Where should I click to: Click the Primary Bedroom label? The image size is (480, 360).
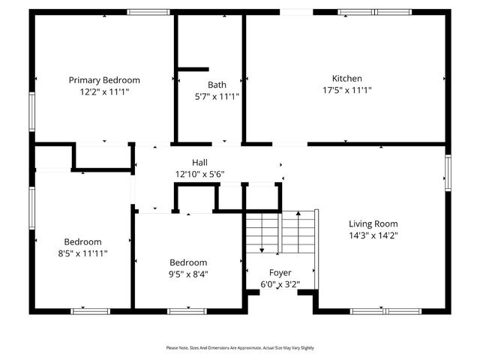tap(104, 80)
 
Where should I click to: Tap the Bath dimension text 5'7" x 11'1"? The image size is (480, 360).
tap(217, 96)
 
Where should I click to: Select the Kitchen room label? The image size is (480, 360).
tap(347, 79)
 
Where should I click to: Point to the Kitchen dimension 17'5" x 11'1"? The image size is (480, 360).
tap(347, 90)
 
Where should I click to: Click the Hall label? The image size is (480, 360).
tap(199, 163)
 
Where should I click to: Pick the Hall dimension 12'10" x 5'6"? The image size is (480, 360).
tap(199, 174)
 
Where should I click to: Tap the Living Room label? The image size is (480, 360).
tap(373, 223)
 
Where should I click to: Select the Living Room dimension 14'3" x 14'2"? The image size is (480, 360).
tap(373, 235)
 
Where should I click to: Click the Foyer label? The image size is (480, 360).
tap(280, 272)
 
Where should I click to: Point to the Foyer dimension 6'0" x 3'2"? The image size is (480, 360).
tap(280, 284)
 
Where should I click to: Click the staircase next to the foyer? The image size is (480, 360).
tap(280, 232)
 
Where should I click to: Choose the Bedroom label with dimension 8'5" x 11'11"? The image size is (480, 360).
tap(82, 241)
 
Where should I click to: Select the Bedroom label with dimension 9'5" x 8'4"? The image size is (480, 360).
tap(188, 262)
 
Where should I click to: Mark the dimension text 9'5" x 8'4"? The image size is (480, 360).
tap(188, 274)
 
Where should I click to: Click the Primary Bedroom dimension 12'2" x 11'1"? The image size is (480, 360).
tap(104, 91)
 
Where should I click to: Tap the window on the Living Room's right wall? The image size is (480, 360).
tap(448, 173)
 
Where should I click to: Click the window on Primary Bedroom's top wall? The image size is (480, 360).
tap(148, 12)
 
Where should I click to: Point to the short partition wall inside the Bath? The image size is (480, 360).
tap(193, 70)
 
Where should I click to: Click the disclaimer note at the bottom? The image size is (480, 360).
tap(240, 348)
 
